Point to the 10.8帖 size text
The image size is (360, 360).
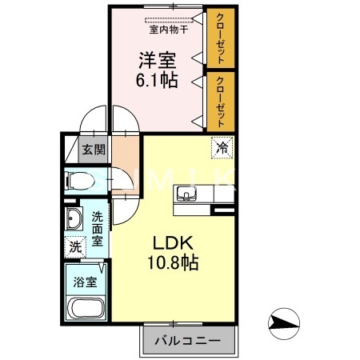pyautogui.click(x=171, y=262)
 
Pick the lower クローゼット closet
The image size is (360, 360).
pyautogui.click(x=219, y=102)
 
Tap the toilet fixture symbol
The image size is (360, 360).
pyautogui.click(x=80, y=181)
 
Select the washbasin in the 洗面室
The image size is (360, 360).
pyautogui.click(x=74, y=218)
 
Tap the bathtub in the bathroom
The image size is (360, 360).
pyautogui.click(x=86, y=308)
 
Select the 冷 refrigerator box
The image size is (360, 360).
pyautogui.click(x=222, y=146)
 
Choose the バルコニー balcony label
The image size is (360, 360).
pyautogui.click(x=190, y=341)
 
